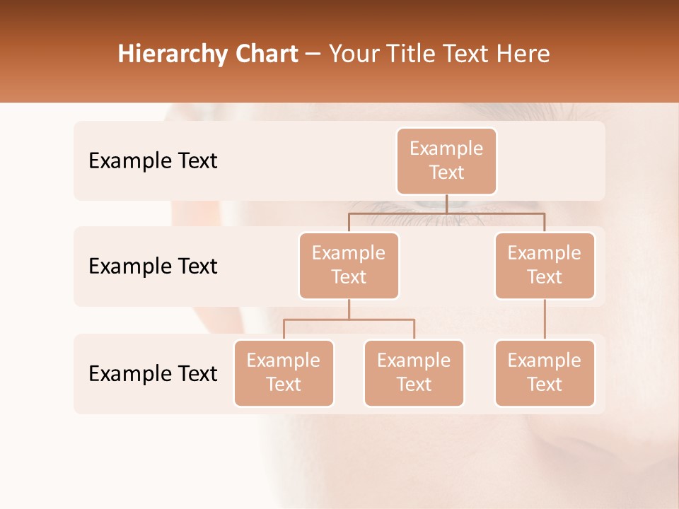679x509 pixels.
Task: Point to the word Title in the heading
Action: tap(413, 54)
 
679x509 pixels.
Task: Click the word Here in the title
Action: tap(523, 54)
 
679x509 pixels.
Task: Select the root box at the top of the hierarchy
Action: tap(446, 161)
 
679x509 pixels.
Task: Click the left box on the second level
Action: tap(349, 266)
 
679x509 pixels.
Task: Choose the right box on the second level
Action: tap(544, 266)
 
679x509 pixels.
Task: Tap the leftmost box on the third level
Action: tap(284, 373)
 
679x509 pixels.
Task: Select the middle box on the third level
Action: tap(414, 373)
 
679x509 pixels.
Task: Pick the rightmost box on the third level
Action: tap(544, 373)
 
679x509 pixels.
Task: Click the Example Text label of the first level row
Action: tap(153, 161)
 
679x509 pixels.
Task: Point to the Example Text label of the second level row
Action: tap(153, 267)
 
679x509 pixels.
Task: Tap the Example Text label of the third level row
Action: tap(153, 373)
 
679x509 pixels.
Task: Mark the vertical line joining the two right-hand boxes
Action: tap(545, 320)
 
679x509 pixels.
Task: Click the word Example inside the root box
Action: tap(446, 148)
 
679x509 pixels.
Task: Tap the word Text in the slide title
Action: tap(468, 54)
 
